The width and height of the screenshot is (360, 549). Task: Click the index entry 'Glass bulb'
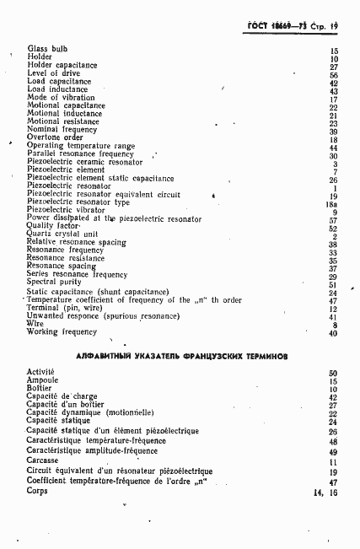[47, 50]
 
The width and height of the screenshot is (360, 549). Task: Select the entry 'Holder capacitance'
[62, 66]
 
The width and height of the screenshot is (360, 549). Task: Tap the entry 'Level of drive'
[52, 74]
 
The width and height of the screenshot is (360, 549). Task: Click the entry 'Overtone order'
[55, 137]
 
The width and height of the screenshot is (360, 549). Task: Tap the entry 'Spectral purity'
[54, 283]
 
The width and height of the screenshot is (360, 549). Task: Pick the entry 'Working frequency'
[62, 331]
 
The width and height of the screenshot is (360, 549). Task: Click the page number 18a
[332, 202]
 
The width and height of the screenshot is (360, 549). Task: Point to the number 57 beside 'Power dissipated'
[334, 218]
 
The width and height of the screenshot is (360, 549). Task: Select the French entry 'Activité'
[41, 372]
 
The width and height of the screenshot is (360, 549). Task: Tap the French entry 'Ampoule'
[43, 380]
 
